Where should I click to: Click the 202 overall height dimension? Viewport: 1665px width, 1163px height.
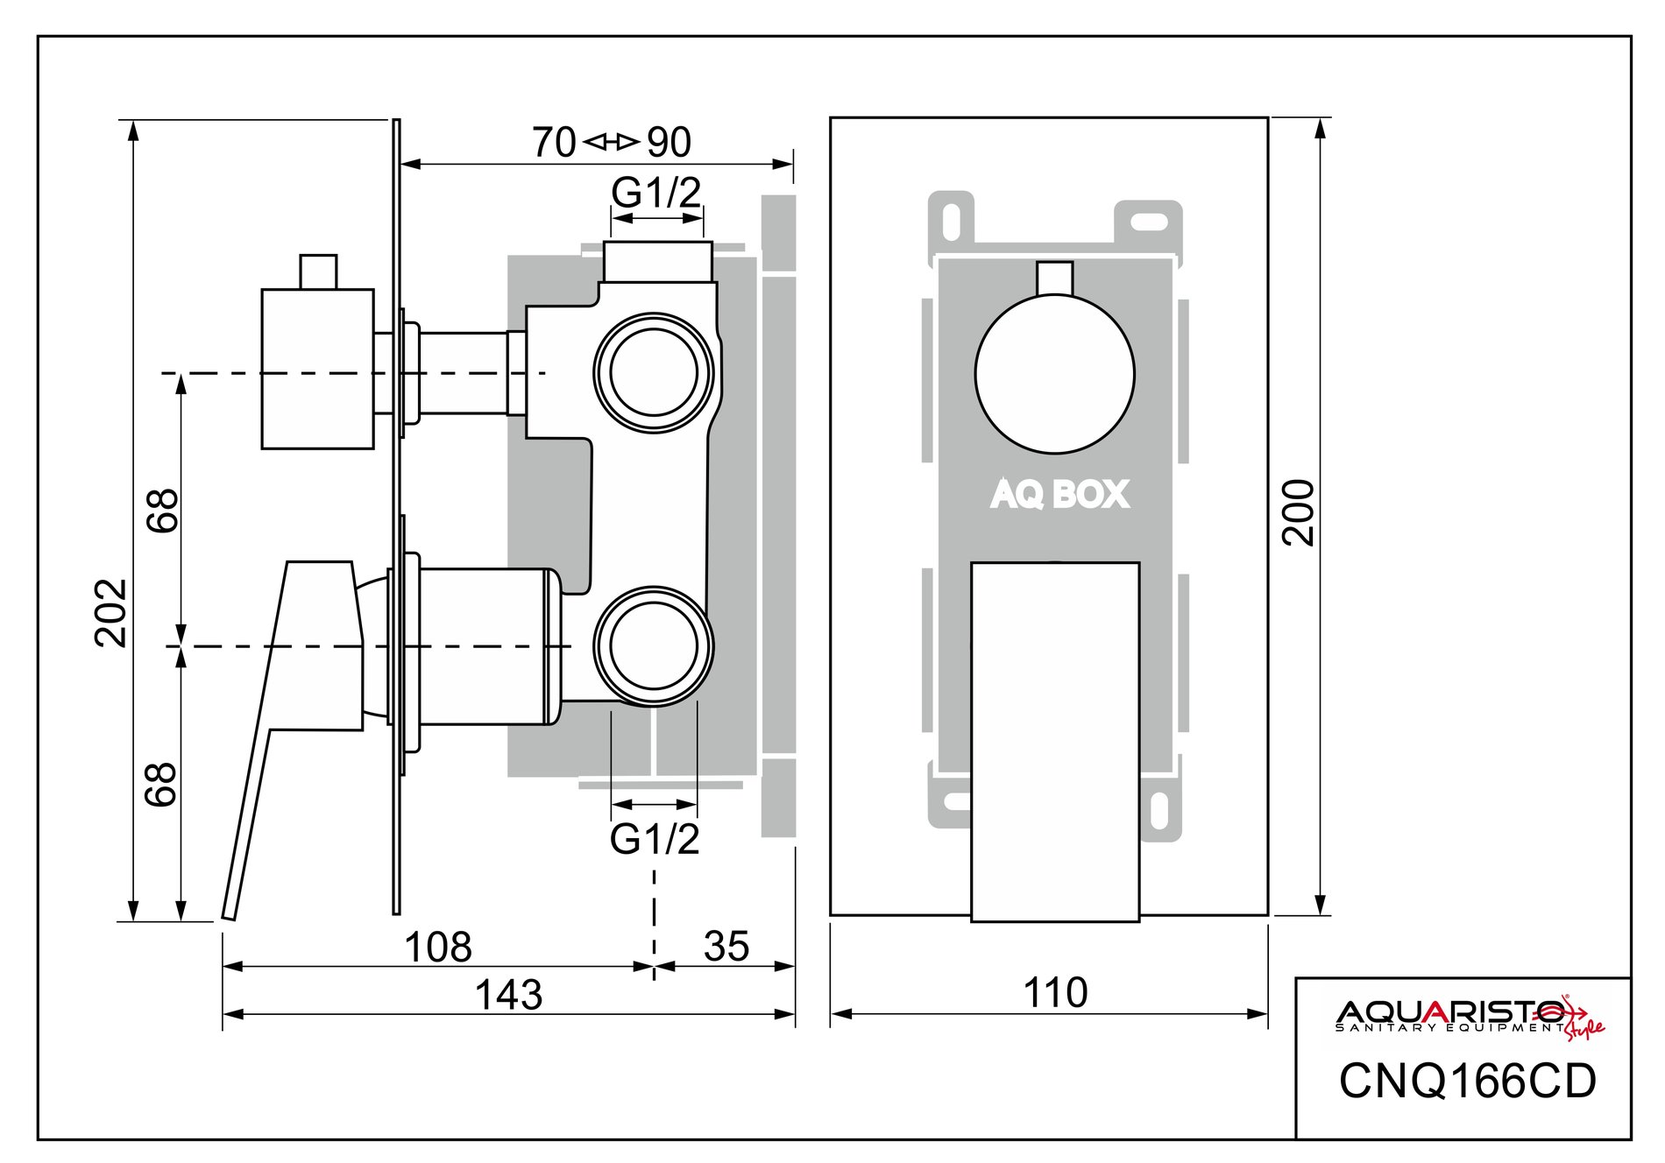[111, 612]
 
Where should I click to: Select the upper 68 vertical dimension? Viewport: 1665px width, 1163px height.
[163, 510]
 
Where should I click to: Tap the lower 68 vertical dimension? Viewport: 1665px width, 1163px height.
[163, 784]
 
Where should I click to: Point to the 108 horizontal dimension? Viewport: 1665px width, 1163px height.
[438, 947]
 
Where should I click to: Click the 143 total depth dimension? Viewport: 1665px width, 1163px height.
[508, 995]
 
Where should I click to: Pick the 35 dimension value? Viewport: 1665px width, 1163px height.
[726, 947]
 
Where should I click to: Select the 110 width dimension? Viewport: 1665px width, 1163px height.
[1055, 993]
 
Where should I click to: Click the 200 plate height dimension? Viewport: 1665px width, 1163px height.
[1299, 512]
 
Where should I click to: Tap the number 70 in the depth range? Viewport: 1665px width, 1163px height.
[554, 143]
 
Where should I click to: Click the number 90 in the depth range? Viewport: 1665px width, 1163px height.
[670, 143]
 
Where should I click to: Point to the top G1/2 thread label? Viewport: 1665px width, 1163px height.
[656, 193]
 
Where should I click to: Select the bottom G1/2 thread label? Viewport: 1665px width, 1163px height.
[655, 839]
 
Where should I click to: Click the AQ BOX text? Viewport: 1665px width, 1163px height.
[1059, 495]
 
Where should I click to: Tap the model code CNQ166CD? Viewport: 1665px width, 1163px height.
[1468, 1082]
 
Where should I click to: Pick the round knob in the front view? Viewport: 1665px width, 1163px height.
[1054, 374]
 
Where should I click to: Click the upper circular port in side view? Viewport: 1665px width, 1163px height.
[654, 371]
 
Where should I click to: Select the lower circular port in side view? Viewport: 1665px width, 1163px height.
[654, 646]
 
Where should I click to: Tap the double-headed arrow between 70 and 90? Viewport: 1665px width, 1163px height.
[612, 141]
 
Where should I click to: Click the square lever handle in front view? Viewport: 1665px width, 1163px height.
[1055, 741]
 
